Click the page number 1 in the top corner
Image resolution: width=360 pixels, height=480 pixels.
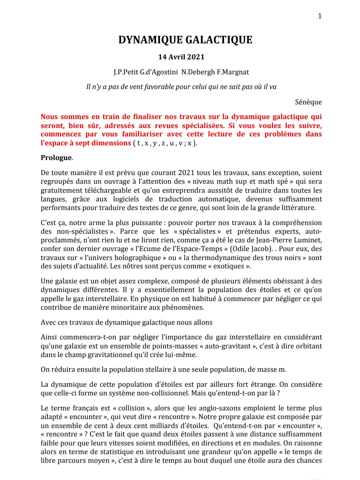pyautogui.click(x=320, y=16)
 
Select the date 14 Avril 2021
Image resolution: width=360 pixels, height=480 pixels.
pyautogui.click(x=181, y=57)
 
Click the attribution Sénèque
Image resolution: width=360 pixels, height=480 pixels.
pyautogui.click(x=308, y=102)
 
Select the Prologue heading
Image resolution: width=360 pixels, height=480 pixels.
pyautogui.click(x=56, y=158)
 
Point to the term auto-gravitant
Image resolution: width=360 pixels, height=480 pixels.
pyautogui.click(x=227, y=346)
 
